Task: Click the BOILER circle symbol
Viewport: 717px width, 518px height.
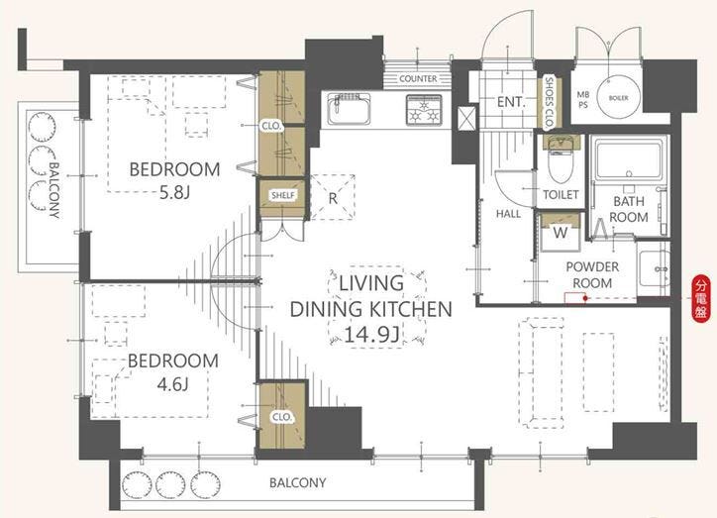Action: (x=618, y=97)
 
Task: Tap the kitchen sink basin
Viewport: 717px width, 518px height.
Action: (x=349, y=109)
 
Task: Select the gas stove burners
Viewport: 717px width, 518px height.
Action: (x=424, y=110)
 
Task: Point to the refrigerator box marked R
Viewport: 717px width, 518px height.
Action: (x=333, y=197)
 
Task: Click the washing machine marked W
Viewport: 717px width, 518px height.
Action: (x=561, y=233)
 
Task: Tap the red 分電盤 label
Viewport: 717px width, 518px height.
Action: (x=700, y=299)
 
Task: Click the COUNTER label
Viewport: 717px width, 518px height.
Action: (x=418, y=78)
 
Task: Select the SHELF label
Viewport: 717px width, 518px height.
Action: (x=283, y=196)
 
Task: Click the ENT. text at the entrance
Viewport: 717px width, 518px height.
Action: (x=511, y=102)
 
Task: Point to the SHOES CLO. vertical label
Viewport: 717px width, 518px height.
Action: (x=550, y=102)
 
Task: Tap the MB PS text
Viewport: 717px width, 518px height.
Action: (x=582, y=100)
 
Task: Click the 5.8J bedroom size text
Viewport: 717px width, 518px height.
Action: (x=174, y=193)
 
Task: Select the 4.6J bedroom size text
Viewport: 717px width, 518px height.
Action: (x=172, y=384)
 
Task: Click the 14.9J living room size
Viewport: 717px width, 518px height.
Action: (x=371, y=335)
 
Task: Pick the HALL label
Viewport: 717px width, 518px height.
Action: (x=508, y=214)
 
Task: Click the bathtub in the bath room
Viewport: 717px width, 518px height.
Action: (x=629, y=161)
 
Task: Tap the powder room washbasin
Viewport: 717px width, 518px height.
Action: (x=654, y=268)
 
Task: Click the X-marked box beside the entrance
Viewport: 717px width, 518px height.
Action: (x=466, y=118)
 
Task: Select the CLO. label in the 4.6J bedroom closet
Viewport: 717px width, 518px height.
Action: (x=281, y=417)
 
